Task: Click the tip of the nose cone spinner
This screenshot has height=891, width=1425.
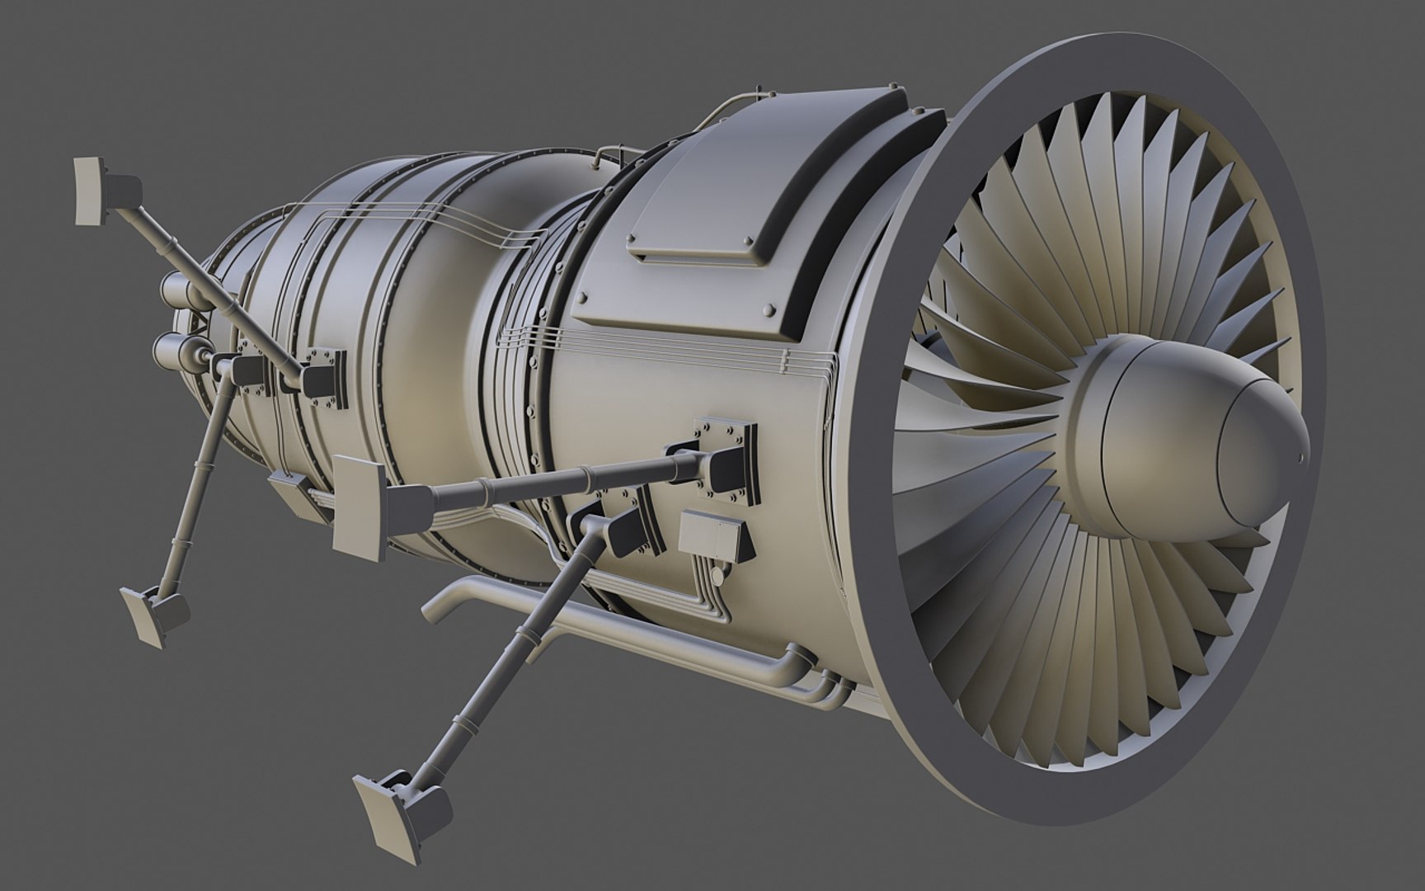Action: (x=1300, y=456)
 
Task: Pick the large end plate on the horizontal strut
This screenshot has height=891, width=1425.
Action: (x=360, y=511)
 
